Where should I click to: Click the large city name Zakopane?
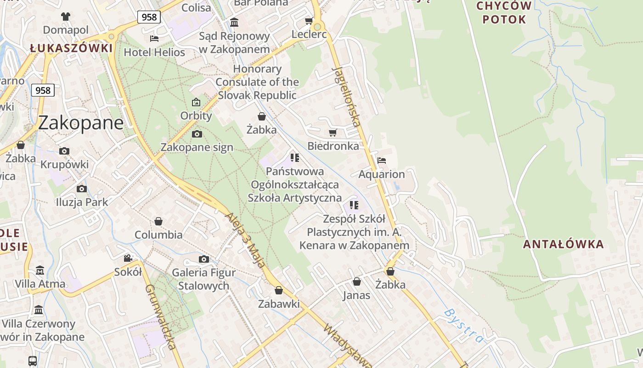click(x=81, y=123)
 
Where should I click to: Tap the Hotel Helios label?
click(x=154, y=52)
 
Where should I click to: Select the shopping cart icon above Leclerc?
click(x=309, y=21)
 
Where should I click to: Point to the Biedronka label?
click(x=333, y=146)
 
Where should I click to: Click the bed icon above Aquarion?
click(x=381, y=161)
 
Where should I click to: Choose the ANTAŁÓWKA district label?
click(x=563, y=244)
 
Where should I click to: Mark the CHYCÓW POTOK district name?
click(x=504, y=13)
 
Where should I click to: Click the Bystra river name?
click(x=464, y=326)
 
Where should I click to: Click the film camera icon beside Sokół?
click(x=128, y=258)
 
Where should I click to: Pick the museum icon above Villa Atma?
click(x=40, y=270)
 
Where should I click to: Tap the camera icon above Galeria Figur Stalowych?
click(x=203, y=259)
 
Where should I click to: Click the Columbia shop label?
click(x=158, y=235)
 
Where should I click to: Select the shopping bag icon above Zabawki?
click(x=279, y=290)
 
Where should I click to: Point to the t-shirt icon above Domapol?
click(x=66, y=17)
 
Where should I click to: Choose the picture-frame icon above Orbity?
click(x=196, y=102)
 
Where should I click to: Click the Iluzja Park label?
click(x=82, y=202)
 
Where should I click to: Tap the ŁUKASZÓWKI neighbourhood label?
click(x=71, y=48)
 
